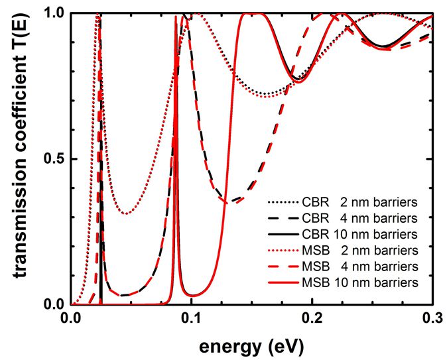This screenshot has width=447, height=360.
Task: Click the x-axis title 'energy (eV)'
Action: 253,345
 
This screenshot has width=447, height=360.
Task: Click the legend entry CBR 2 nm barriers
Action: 341,202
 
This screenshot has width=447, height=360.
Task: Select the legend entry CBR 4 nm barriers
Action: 341,218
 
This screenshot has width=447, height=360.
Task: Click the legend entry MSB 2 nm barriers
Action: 341,251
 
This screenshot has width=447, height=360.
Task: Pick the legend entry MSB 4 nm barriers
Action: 341,267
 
